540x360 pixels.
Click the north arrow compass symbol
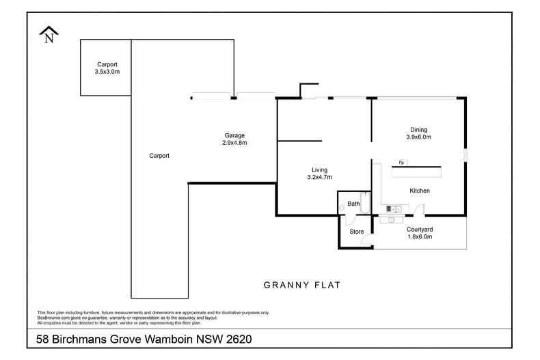(49, 34)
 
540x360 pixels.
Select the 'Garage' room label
(234, 135)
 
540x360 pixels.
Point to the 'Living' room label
(319, 169)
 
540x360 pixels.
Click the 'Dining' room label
(419, 130)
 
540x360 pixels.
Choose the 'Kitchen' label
(419, 191)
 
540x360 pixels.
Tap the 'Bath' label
(353, 204)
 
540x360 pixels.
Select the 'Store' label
(356, 232)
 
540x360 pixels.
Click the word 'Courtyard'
(420, 230)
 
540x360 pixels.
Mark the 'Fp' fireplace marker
(401, 162)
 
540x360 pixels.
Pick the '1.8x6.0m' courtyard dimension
(420, 237)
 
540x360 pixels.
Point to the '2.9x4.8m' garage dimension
(234, 143)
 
